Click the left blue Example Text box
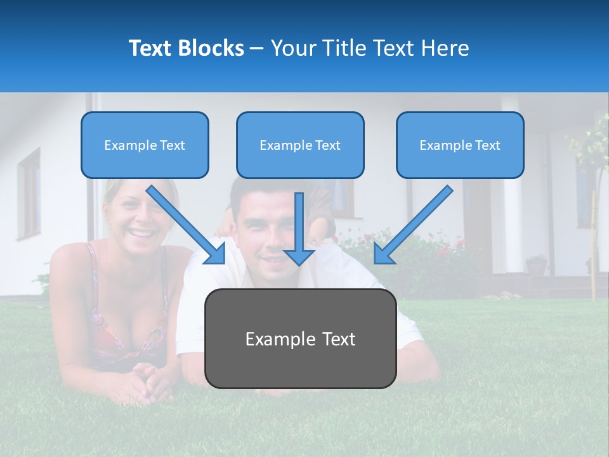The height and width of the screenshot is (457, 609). (145, 145)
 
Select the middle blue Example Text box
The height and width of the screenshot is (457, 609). (300, 145)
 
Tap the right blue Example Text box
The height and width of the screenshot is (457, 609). (460, 145)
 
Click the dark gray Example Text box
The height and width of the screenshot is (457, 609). (300, 338)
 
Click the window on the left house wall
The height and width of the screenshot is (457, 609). (29, 194)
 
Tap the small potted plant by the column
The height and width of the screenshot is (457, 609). (537, 265)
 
